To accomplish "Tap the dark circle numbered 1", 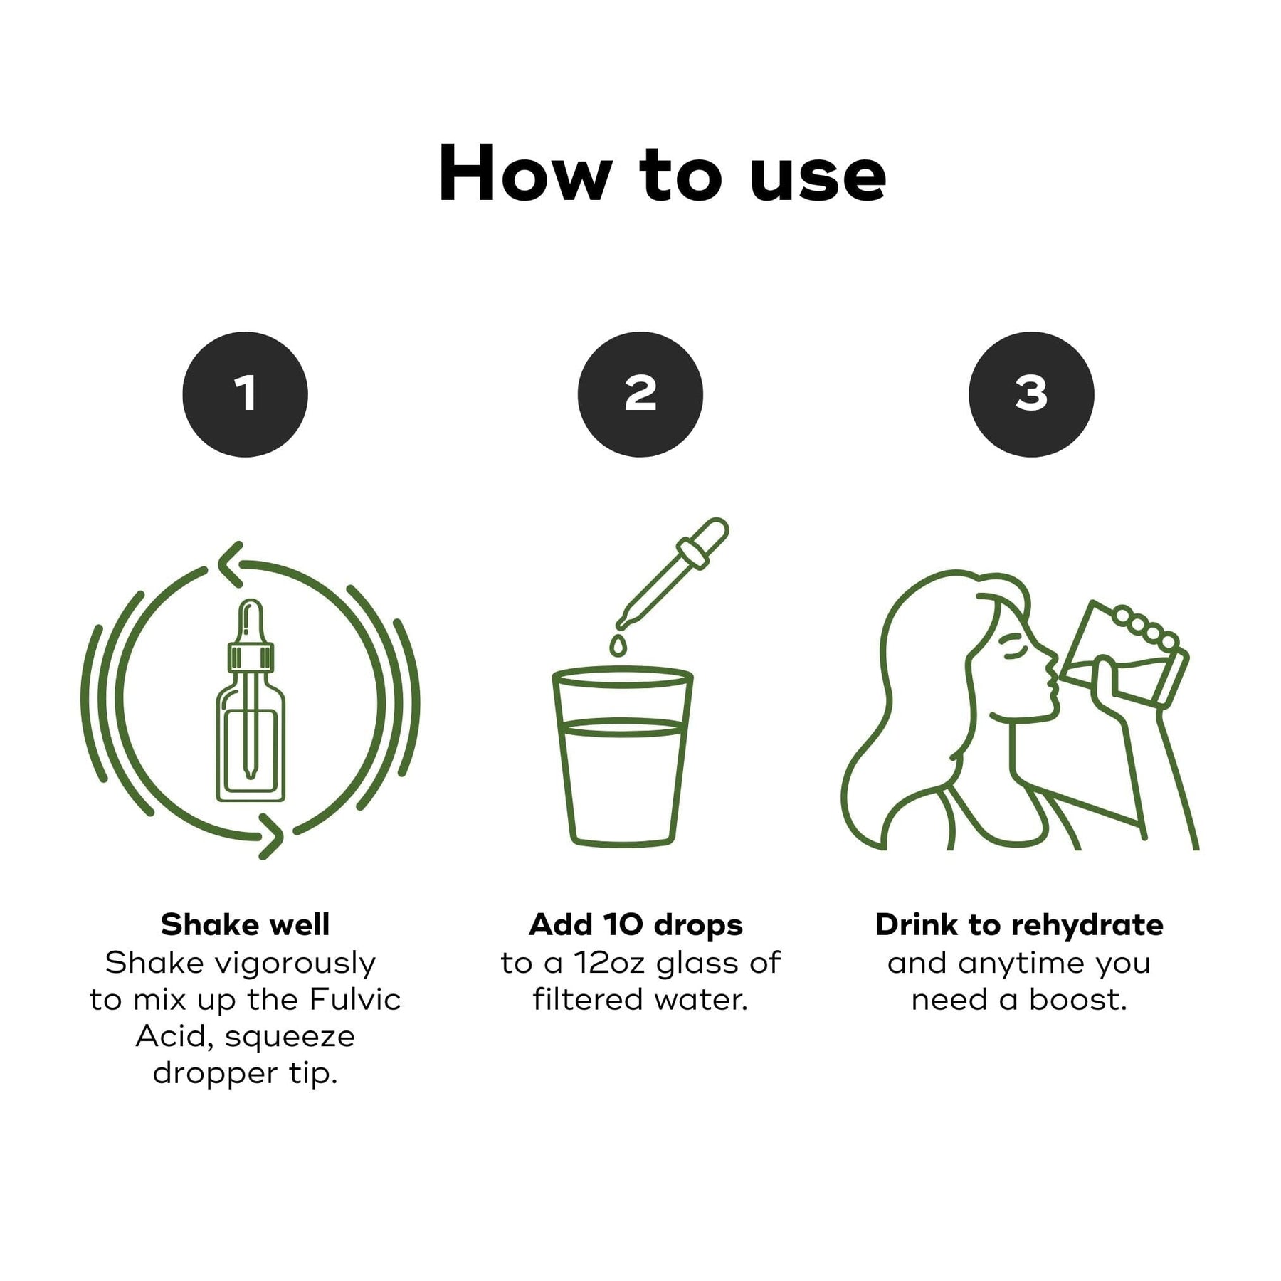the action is pyautogui.click(x=246, y=394).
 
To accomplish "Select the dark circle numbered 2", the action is pyautogui.click(x=640, y=394).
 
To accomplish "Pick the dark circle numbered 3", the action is pyautogui.click(x=1032, y=394).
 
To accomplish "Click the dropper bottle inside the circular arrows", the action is pyautogui.click(x=251, y=701).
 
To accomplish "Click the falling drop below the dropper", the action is pyautogui.click(x=618, y=646).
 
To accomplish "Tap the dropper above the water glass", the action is pyautogui.click(x=673, y=575).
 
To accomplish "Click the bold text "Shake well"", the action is pyautogui.click(x=246, y=924).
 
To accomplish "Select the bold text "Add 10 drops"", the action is pyautogui.click(x=636, y=925).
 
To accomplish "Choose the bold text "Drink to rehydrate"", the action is pyautogui.click(x=1019, y=925).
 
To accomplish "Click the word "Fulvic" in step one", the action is pyautogui.click(x=355, y=999).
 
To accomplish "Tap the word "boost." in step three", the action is pyautogui.click(x=1078, y=999).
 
